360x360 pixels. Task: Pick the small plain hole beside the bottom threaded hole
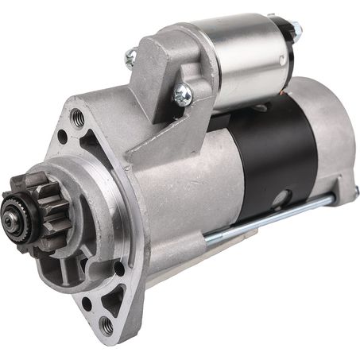87,302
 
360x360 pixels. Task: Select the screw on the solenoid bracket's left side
131,56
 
